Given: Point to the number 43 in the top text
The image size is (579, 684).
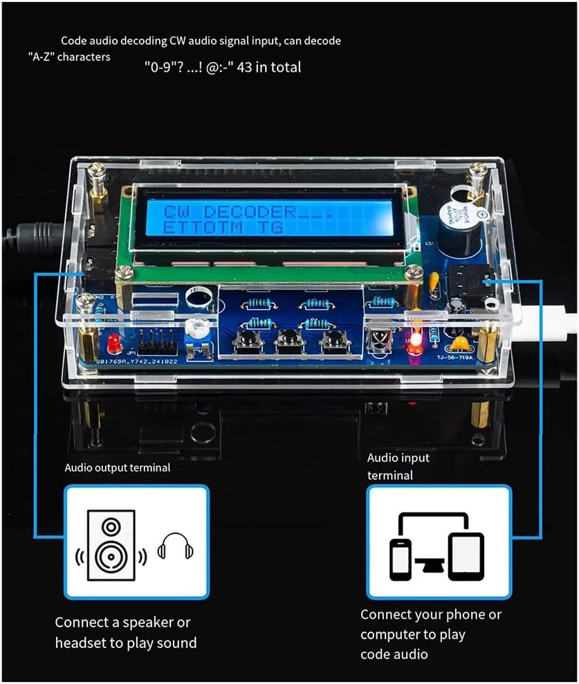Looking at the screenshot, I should (x=244, y=68).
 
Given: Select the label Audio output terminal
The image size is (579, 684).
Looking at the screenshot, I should (x=118, y=468).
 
